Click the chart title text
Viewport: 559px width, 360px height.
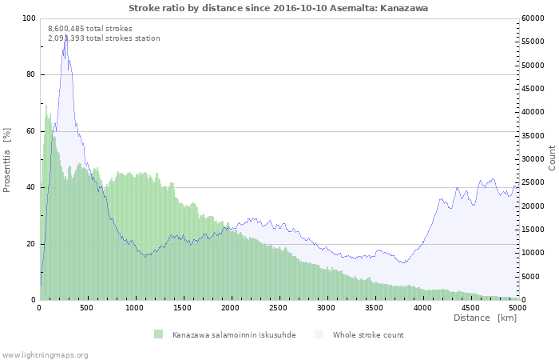tap(279, 7)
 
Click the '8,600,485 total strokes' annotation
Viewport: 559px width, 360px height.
tap(90, 29)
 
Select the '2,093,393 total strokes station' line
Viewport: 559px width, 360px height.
tap(104, 38)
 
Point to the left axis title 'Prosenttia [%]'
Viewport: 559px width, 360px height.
tap(7, 159)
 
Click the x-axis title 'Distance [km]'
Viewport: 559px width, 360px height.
tap(485, 318)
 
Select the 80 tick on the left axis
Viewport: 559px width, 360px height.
tap(31, 74)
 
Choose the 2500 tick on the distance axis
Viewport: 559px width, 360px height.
tap(279, 306)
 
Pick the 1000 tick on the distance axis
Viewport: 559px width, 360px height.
tap(135, 306)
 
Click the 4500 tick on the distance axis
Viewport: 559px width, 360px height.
tap(470, 306)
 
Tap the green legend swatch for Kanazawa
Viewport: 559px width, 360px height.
tap(158, 334)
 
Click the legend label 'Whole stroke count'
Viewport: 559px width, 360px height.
tap(368, 334)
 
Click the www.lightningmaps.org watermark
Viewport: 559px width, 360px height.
tap(45, 354)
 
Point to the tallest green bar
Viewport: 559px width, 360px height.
tap(46, 105)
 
